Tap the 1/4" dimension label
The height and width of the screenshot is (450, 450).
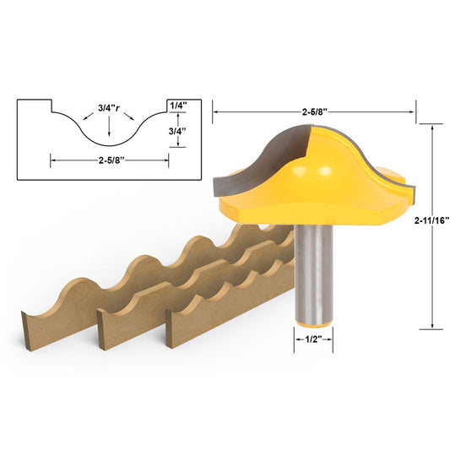179,105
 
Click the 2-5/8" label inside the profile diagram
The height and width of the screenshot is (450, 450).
109,158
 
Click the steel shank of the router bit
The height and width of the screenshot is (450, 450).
312,270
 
